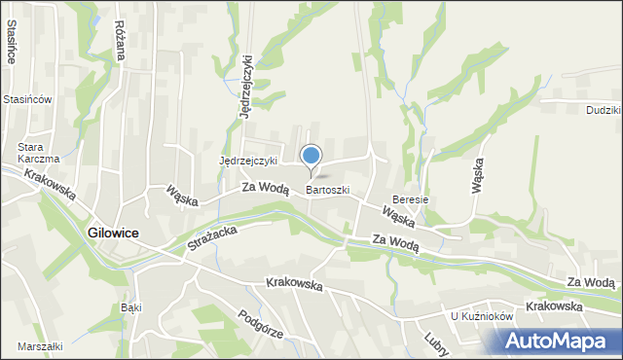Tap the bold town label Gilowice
pos(112,234)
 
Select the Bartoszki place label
pos(327,191)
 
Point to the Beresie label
pos(410,199)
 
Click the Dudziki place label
pos(604,111)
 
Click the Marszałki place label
pos(39,346)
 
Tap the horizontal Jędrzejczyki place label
pos(248,161)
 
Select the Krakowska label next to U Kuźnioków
pos(553,306)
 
